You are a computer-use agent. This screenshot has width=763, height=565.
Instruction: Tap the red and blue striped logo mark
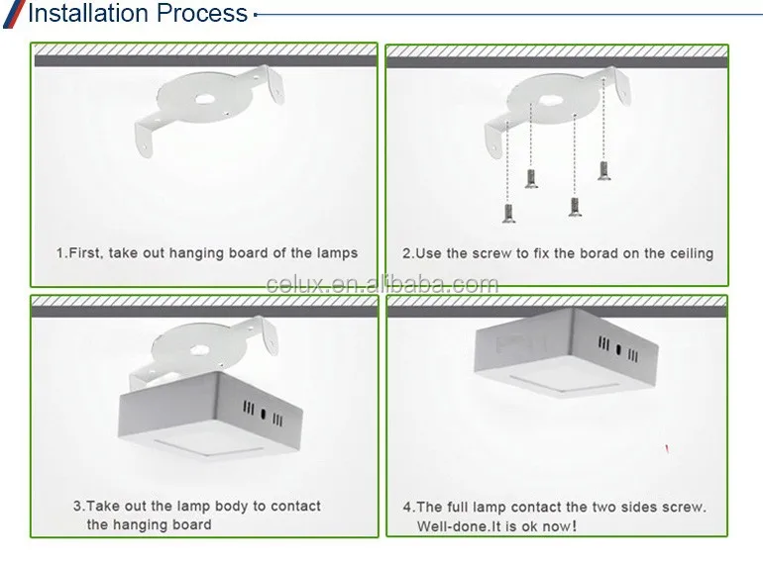click(x=11, y=13)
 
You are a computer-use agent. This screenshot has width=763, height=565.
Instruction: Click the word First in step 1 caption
click(x=86, y=253)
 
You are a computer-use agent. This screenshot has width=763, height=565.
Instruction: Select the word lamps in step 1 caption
click(x=337, y=253)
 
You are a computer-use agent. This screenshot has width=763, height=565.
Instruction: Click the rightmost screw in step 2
click(x=602, y=170)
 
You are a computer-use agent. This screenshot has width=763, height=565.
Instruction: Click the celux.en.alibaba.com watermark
click(x=382, y=285)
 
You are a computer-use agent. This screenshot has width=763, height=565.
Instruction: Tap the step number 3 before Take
click(x=76, y=506)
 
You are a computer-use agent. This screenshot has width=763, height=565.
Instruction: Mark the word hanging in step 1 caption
click(x=197, y=253)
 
